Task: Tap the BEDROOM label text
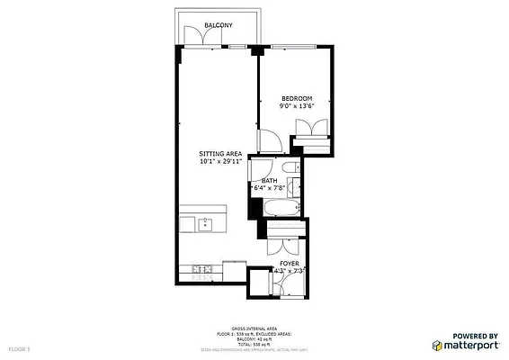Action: pos(296,98)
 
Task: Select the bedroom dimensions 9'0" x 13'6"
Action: pos(296,106)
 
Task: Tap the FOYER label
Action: pos(289,263)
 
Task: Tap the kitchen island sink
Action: pos(205,223)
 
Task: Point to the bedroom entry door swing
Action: pos(268,141)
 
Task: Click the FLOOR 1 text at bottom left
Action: pos(19,346)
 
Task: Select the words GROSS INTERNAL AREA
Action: pos(254,328)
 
